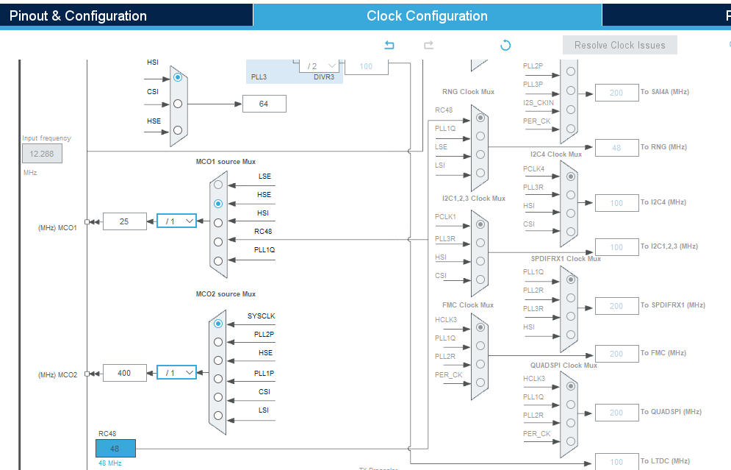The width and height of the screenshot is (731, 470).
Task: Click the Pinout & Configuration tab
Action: pos(78,15)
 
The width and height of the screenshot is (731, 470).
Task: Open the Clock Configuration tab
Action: pos(427,15)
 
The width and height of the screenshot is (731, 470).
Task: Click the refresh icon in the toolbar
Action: pos(505,46)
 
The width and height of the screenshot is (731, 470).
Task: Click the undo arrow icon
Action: pos(389,46)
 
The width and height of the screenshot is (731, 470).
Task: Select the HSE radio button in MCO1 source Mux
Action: pos(217,204)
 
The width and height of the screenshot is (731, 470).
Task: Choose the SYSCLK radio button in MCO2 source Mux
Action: pos(217,323)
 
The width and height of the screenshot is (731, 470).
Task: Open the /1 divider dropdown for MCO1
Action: pos(177,221)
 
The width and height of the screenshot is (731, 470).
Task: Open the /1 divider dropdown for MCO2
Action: pos(177,373)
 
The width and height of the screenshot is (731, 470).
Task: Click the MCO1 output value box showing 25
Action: pos(124,221)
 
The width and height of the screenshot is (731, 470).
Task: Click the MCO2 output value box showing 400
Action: pos(124,373)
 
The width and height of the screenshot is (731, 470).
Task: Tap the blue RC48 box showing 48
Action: pos(115,448)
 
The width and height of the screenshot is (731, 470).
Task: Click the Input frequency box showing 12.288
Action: pos(42,154)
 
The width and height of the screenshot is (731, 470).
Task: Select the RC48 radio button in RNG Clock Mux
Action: pos(480,117)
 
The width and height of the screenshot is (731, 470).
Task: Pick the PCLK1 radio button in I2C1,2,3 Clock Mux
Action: pos(480,224)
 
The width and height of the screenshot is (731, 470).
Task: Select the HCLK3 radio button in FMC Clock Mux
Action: pos(480,327)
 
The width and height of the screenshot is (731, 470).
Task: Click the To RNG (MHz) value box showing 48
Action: pos(616,147)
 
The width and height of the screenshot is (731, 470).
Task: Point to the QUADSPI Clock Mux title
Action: pos(563,365)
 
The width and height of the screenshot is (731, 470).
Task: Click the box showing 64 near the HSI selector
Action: pos(264,104)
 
